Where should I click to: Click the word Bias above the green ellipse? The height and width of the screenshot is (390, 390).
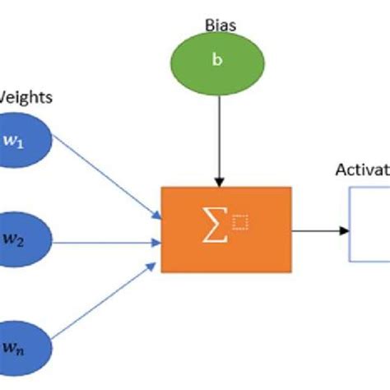[x=221, y=26]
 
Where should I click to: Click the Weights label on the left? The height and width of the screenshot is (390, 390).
[x=26, y=98]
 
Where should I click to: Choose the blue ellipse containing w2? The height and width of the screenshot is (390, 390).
[x=23, y=241]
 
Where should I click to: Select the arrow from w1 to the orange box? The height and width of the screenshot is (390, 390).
[x=107, y=182]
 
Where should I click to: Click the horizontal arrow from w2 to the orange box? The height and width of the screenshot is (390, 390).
[x=107, y=241]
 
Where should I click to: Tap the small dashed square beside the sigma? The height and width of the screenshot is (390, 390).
[x=239, y=221]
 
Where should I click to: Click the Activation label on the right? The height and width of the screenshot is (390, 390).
[x=362, y=170]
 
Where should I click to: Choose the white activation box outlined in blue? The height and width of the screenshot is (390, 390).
[x=369, y=225]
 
